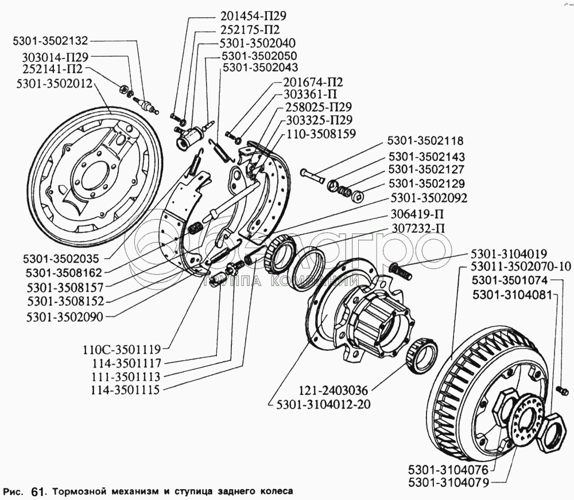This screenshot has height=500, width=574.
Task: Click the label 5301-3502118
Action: [x=425, y=141]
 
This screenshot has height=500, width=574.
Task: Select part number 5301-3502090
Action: [x=61, y=315]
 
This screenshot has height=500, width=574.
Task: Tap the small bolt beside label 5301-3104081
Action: [x=563, y=390]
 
